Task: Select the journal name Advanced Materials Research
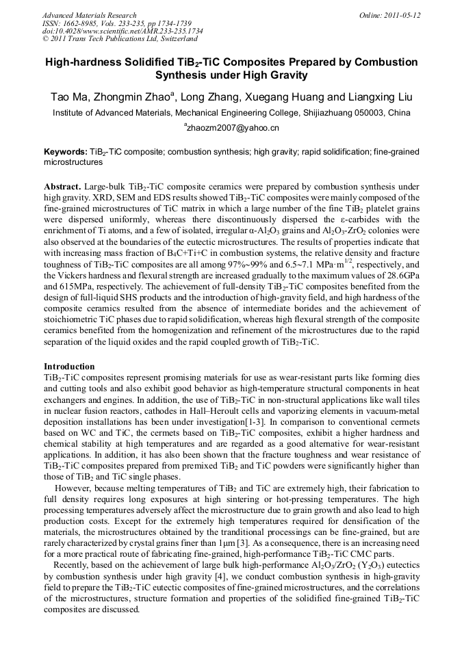(x=89, y=14)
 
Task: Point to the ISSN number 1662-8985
(x=80, y=23)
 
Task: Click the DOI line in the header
(x=122, y=31)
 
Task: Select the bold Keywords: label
(x=65, y=151)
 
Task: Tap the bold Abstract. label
(x=63, y=186)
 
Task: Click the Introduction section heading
(x=69, y=367)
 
